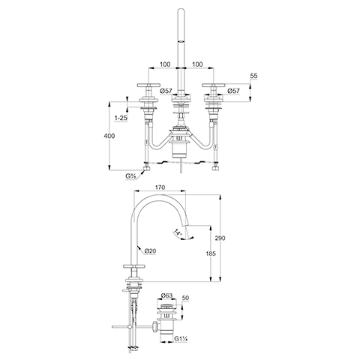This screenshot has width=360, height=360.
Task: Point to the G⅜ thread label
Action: (130, 176)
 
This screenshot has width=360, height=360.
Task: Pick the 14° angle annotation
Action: (177, 234)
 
